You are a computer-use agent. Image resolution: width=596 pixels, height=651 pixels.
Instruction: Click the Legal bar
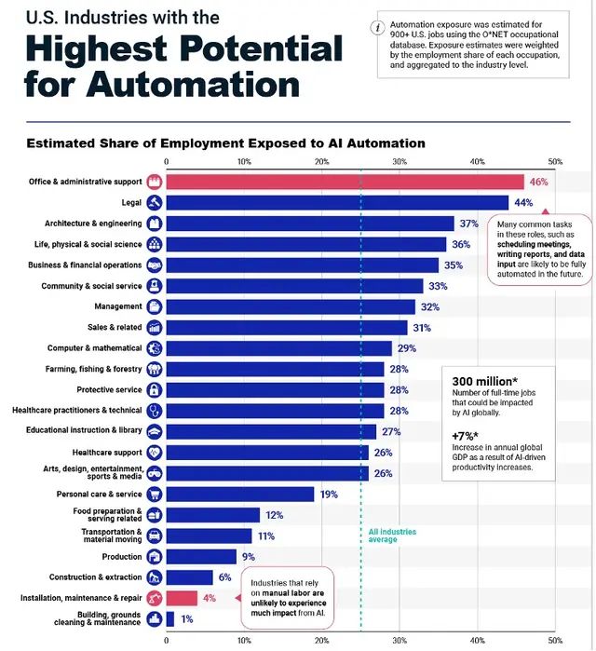(335, 202)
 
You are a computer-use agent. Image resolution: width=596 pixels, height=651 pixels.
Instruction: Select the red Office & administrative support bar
(345, 182)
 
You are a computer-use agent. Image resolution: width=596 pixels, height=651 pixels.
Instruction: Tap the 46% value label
(538, 182)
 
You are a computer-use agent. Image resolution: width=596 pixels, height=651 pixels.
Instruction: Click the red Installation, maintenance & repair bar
(182, 598)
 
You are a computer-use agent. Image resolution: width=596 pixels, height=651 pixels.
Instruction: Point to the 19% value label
(329, 494)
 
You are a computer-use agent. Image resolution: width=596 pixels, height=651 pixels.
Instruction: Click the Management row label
(118, 306)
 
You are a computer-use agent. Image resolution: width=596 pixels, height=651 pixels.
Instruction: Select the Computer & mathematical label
(95, 348)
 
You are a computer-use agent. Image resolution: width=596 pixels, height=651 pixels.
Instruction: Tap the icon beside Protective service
(155, 389)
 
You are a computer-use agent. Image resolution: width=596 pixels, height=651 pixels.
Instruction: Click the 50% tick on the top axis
(555, 162)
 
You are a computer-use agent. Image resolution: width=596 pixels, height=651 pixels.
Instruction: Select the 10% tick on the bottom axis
(244, 641)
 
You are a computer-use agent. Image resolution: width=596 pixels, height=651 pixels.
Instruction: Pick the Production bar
(200, 556)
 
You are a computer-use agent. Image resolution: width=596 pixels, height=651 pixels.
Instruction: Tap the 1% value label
(187, 618)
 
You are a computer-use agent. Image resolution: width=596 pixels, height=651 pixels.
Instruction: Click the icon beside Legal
(155, 202)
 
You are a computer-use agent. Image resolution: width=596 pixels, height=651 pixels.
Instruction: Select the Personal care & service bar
(239, 494)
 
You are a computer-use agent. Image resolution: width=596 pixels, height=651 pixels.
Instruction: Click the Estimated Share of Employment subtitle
(225, 142)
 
